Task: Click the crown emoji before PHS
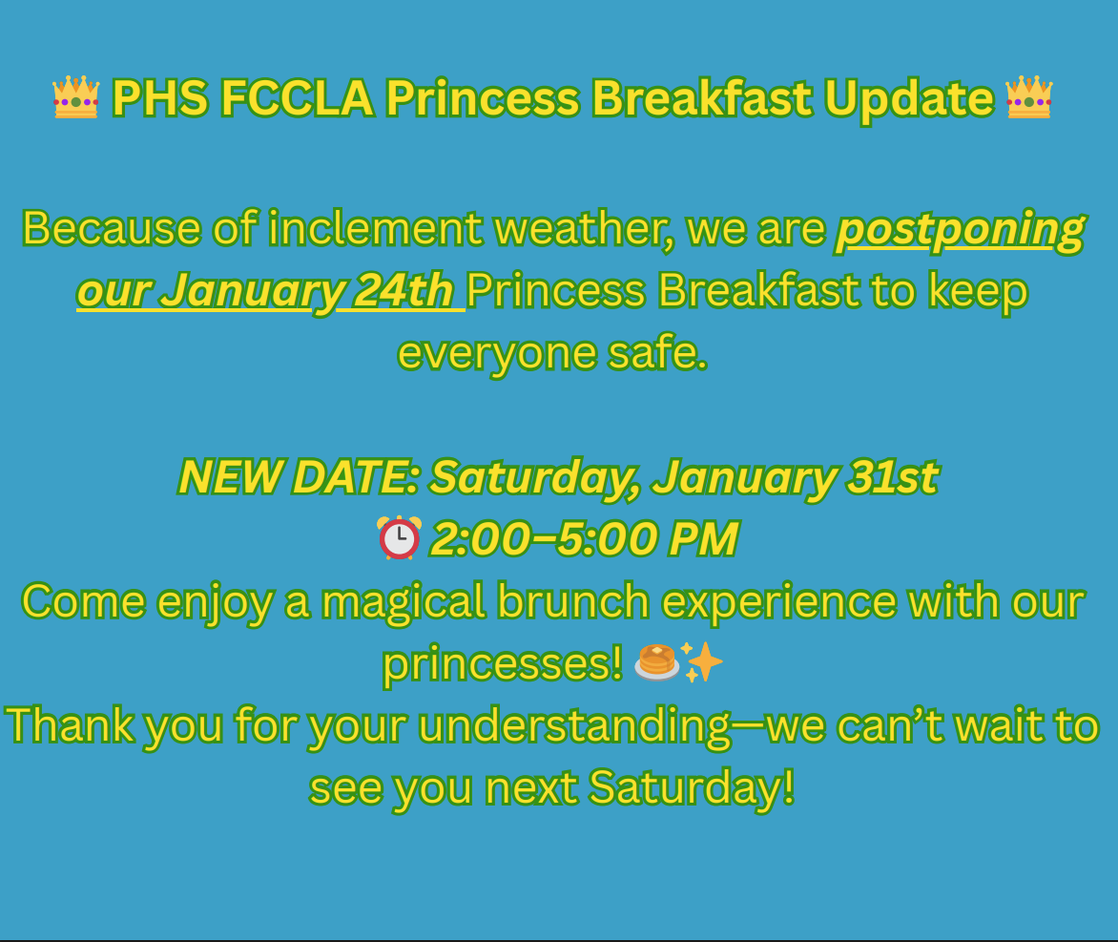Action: click(75, 96)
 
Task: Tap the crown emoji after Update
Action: click(1029, 96)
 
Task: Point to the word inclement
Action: click(375, 228)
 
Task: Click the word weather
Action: click(584, 230)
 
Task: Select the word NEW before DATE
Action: click(229, 476)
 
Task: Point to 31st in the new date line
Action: click(893, 476)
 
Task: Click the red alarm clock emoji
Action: click(400, 537)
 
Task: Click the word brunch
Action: click(573, 601)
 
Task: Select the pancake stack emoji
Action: click(656, 662)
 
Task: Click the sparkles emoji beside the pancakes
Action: click(702, 661)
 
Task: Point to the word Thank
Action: click(70, 725)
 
